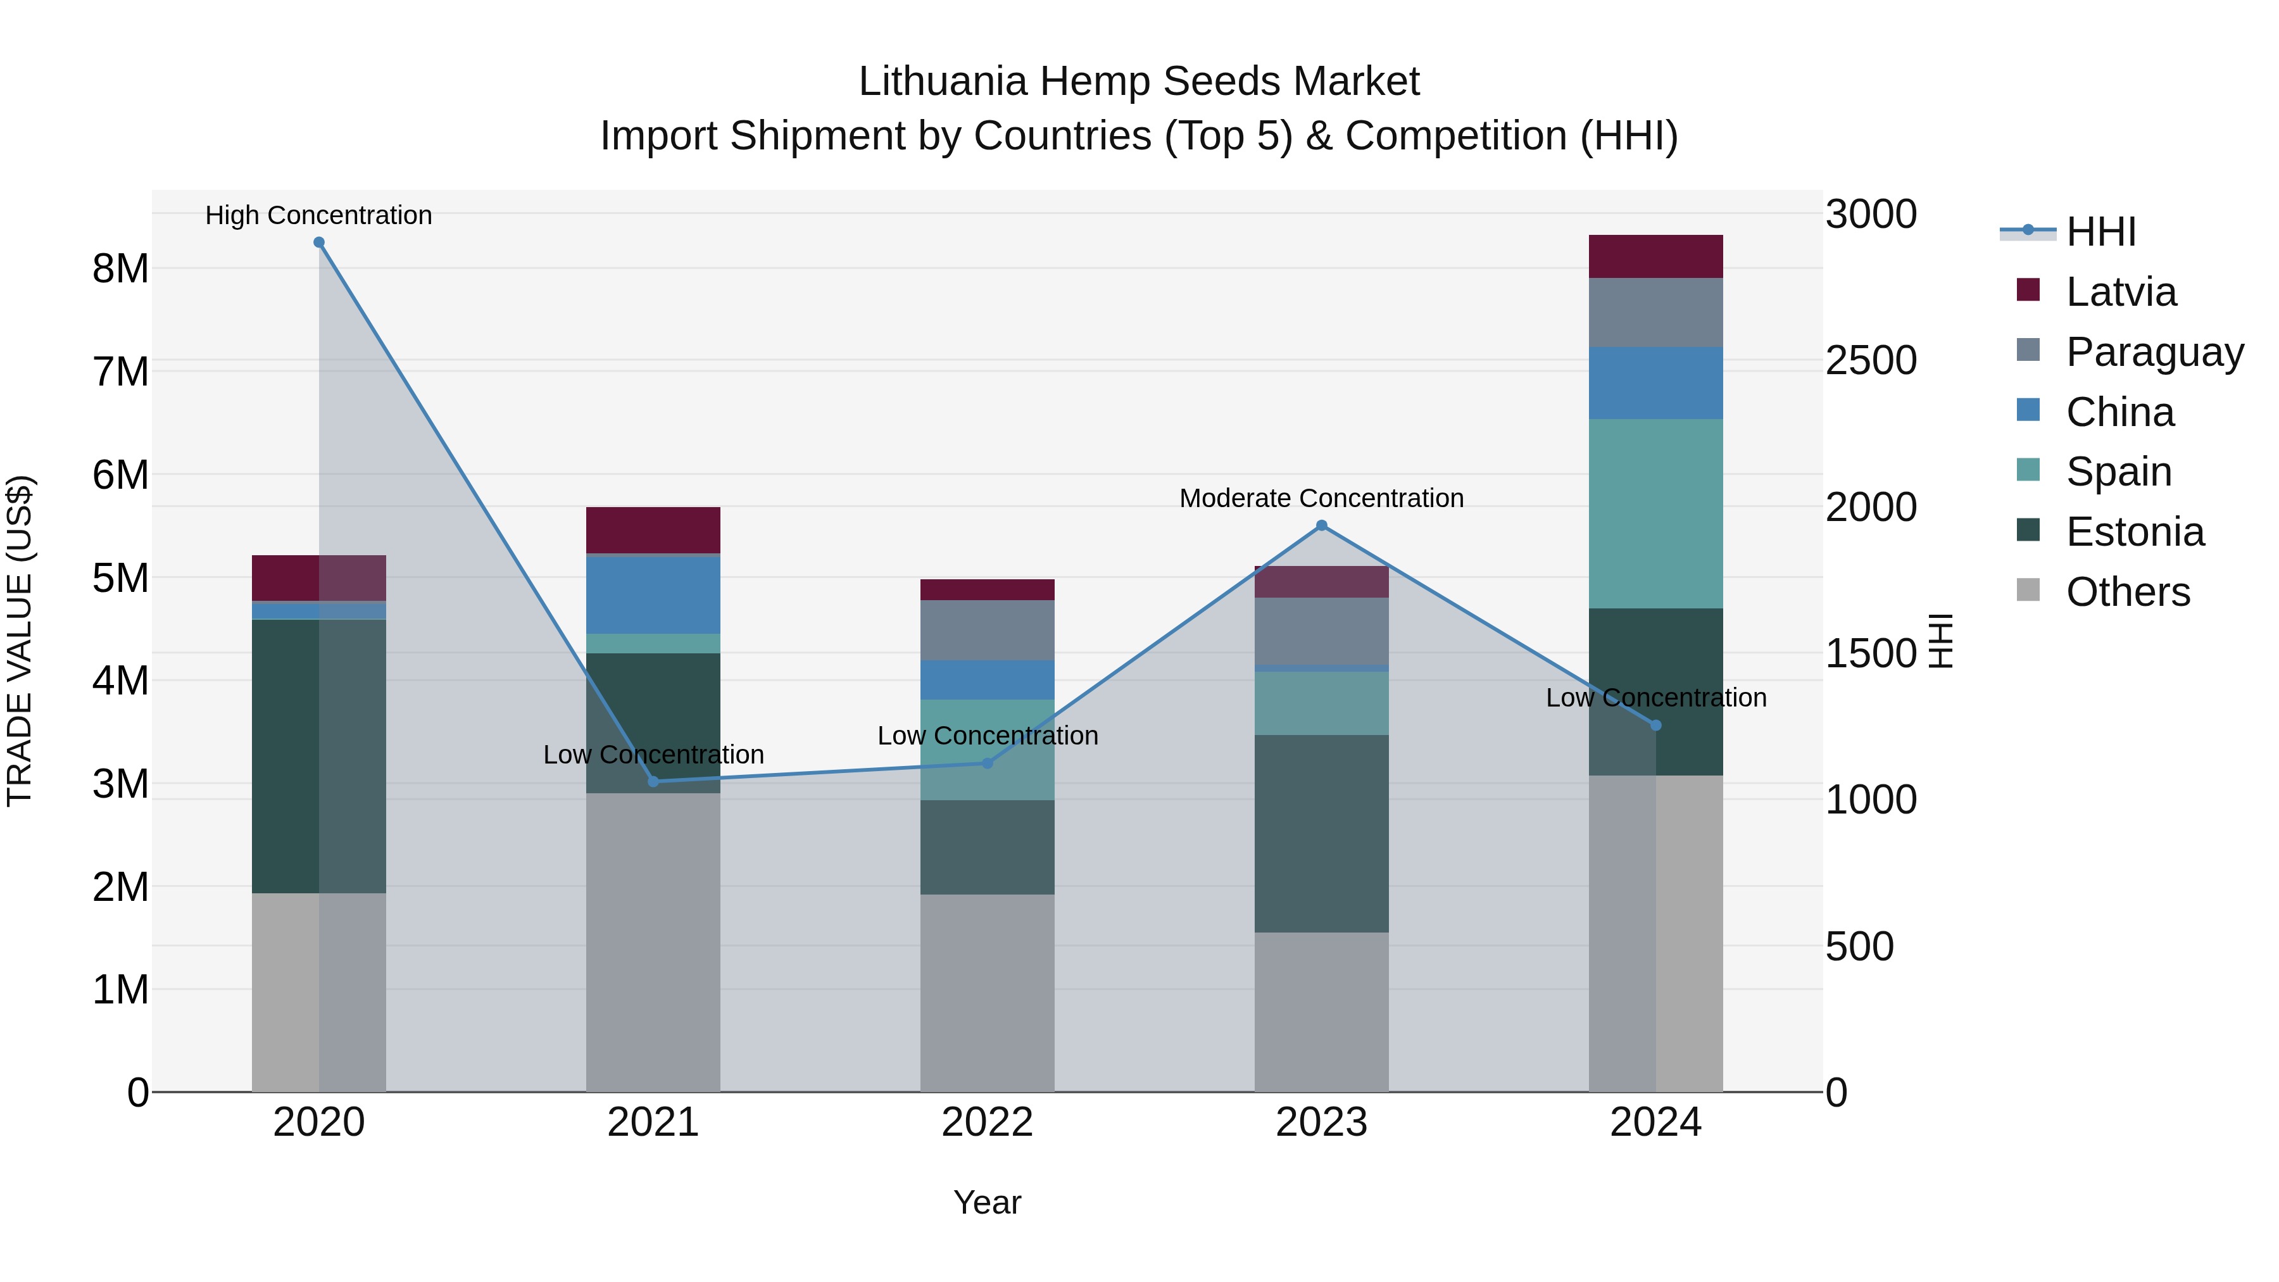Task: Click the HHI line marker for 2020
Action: click(320, 242)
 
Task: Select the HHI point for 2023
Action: click(1322, 525)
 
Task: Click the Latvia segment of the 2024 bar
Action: click(1655, 256)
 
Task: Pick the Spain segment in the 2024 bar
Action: click(1655, 513)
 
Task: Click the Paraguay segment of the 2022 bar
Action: click(988, 630)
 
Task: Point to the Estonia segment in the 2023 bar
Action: click(1322, 833)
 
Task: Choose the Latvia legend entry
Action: click(2121, 292)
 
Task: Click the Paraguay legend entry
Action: click(2154, 352)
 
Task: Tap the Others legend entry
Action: click(2128, 592)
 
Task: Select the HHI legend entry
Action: click(2100, 232)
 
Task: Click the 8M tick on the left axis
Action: click(121, 268)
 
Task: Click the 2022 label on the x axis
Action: click(988, 1122)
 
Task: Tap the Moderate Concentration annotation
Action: click(1322, 498)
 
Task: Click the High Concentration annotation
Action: click(318, 215)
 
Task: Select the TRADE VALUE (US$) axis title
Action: click(20, 641)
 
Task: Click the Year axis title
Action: click(988, 1202)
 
